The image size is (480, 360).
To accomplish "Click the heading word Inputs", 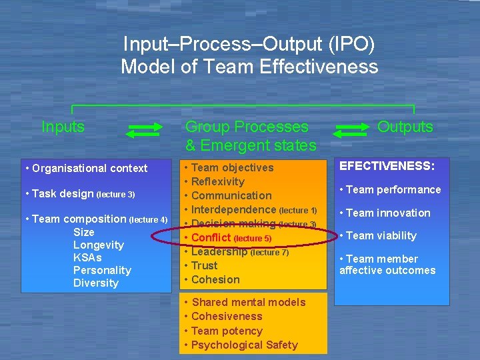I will pyautogui.click(x=63, y=127).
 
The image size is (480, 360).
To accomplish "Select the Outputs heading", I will pyautogui.click(x=405, y=127).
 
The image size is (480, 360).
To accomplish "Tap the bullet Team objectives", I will pyautogui.click(x=232, y=167).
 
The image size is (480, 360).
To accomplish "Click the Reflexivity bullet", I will pyautogui.click(x=218, y=181).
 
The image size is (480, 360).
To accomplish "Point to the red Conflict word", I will pyautogui.click(x=211, y=237).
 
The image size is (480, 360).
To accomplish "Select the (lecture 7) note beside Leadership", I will pyautogui.click(x=269, y=253).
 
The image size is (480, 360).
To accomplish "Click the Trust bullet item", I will pyautogui.click(x=205, y=265).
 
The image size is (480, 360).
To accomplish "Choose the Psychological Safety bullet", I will pyautogui.click(x=245, y=345).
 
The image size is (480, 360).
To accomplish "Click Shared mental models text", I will pyautogui.click(x=249, y=302).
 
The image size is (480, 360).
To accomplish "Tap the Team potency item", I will pyautogui.click(x=227, y=331).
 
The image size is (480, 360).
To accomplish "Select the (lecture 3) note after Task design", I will pyautogui.click(x=116, y=195).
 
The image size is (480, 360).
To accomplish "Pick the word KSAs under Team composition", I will pyautogui.click(x=87, y=257).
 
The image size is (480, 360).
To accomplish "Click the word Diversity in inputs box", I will pyautogui.click(x=95, y=283).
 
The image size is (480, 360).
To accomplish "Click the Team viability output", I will pyautogui.click(x=381, y=235).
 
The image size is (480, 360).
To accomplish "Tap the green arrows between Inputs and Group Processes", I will pyautogui.click(x=144, y=130).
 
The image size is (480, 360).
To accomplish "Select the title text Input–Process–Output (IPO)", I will pyautogui.click(x=249, y=45).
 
